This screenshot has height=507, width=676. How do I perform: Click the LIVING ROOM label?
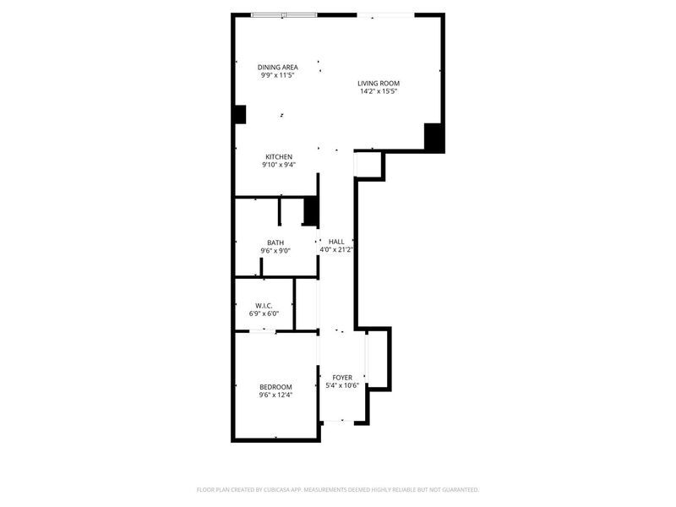point(379,83)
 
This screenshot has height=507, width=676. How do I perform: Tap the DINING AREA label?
point(278,68)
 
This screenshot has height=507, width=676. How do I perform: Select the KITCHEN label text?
point(279,157)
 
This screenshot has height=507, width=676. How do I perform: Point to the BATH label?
point(275,243)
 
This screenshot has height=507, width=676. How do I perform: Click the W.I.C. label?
point(264,306)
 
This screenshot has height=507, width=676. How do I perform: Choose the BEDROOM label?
point(275,387)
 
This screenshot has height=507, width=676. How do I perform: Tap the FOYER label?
point(342,378)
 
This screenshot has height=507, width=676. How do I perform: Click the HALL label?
point(336,242)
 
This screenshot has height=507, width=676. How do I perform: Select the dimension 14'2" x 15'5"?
point(379,91)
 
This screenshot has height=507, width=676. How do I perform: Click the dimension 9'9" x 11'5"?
point(278,75)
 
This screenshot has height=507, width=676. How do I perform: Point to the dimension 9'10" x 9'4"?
point(279,165)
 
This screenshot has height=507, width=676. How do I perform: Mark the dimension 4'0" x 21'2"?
point(336,249)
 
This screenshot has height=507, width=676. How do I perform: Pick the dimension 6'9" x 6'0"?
point(264,313)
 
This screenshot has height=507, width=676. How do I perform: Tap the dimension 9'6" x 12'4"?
point(275,395)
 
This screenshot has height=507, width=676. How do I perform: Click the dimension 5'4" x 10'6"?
point(342,386)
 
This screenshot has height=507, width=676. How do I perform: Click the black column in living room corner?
point(433,137)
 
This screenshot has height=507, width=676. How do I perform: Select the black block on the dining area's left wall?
point(240,115)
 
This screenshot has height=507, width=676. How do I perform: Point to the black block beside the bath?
point(311,210)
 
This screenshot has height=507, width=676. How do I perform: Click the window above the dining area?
point(284,15)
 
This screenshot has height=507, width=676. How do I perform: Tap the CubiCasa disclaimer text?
point(337,490)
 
